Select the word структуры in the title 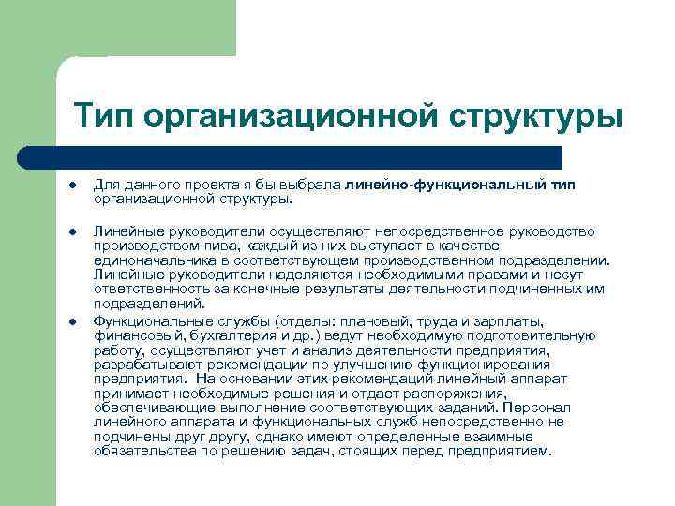coord(535,117)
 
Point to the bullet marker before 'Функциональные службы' coord(72,321)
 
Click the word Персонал coord(534,408)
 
